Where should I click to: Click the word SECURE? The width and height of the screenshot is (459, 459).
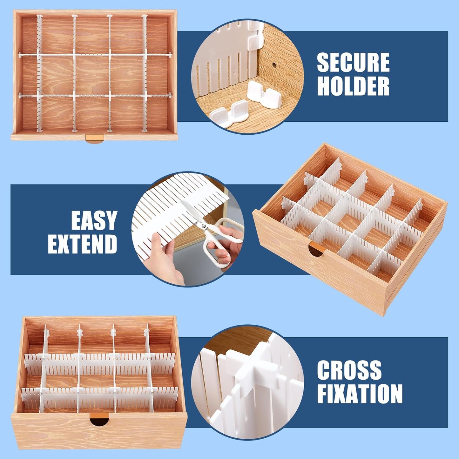coord(353,63)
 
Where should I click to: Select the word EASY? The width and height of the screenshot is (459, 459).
coord(94,220)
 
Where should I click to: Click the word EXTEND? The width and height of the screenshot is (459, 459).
coord(83,244)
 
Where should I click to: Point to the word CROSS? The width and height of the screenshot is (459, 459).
coord(349,370)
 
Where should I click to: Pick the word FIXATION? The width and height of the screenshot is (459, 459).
coord(360,394)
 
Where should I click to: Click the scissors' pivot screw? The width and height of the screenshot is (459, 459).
coord(203,226)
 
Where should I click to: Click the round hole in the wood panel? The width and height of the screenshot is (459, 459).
coord(273,65)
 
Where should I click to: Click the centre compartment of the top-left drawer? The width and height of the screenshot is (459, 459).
coord(92,75)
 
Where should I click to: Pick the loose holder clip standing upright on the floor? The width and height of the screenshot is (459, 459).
coord(264,94)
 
